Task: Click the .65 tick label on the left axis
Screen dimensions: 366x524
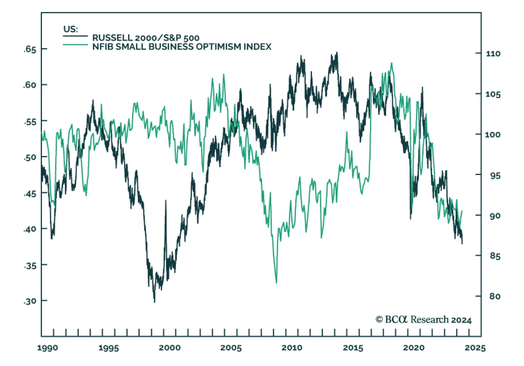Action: coord(30,50)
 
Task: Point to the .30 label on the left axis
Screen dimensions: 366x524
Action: coord(30,301)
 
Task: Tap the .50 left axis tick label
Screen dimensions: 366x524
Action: coord(30,157)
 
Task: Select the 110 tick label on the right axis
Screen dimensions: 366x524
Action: coord(493,54)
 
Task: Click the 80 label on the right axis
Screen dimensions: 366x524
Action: coord(495,296)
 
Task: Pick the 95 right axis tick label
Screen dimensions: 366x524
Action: coord(495,176)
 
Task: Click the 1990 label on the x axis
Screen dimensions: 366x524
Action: coord(47,348)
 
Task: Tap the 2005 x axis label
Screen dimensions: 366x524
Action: coord(231,348)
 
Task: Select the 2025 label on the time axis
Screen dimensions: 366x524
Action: coord(475,348)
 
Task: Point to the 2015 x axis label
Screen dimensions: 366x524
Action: coord(353,348)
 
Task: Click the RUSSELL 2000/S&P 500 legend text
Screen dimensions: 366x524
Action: coord(146,38)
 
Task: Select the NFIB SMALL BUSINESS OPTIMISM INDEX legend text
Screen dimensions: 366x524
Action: coord(182,47)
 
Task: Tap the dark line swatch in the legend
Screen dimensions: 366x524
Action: coord(75,36)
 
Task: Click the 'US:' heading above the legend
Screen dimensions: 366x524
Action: coord(71,29)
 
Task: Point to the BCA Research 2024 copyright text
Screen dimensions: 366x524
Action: coord(423,320)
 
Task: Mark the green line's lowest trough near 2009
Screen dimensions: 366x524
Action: coord(276,282)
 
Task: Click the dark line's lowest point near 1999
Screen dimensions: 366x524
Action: coord(154,302)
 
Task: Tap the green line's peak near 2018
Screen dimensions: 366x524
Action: coord(391,63)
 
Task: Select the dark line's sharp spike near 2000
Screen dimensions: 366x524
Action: coord(165,201)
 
